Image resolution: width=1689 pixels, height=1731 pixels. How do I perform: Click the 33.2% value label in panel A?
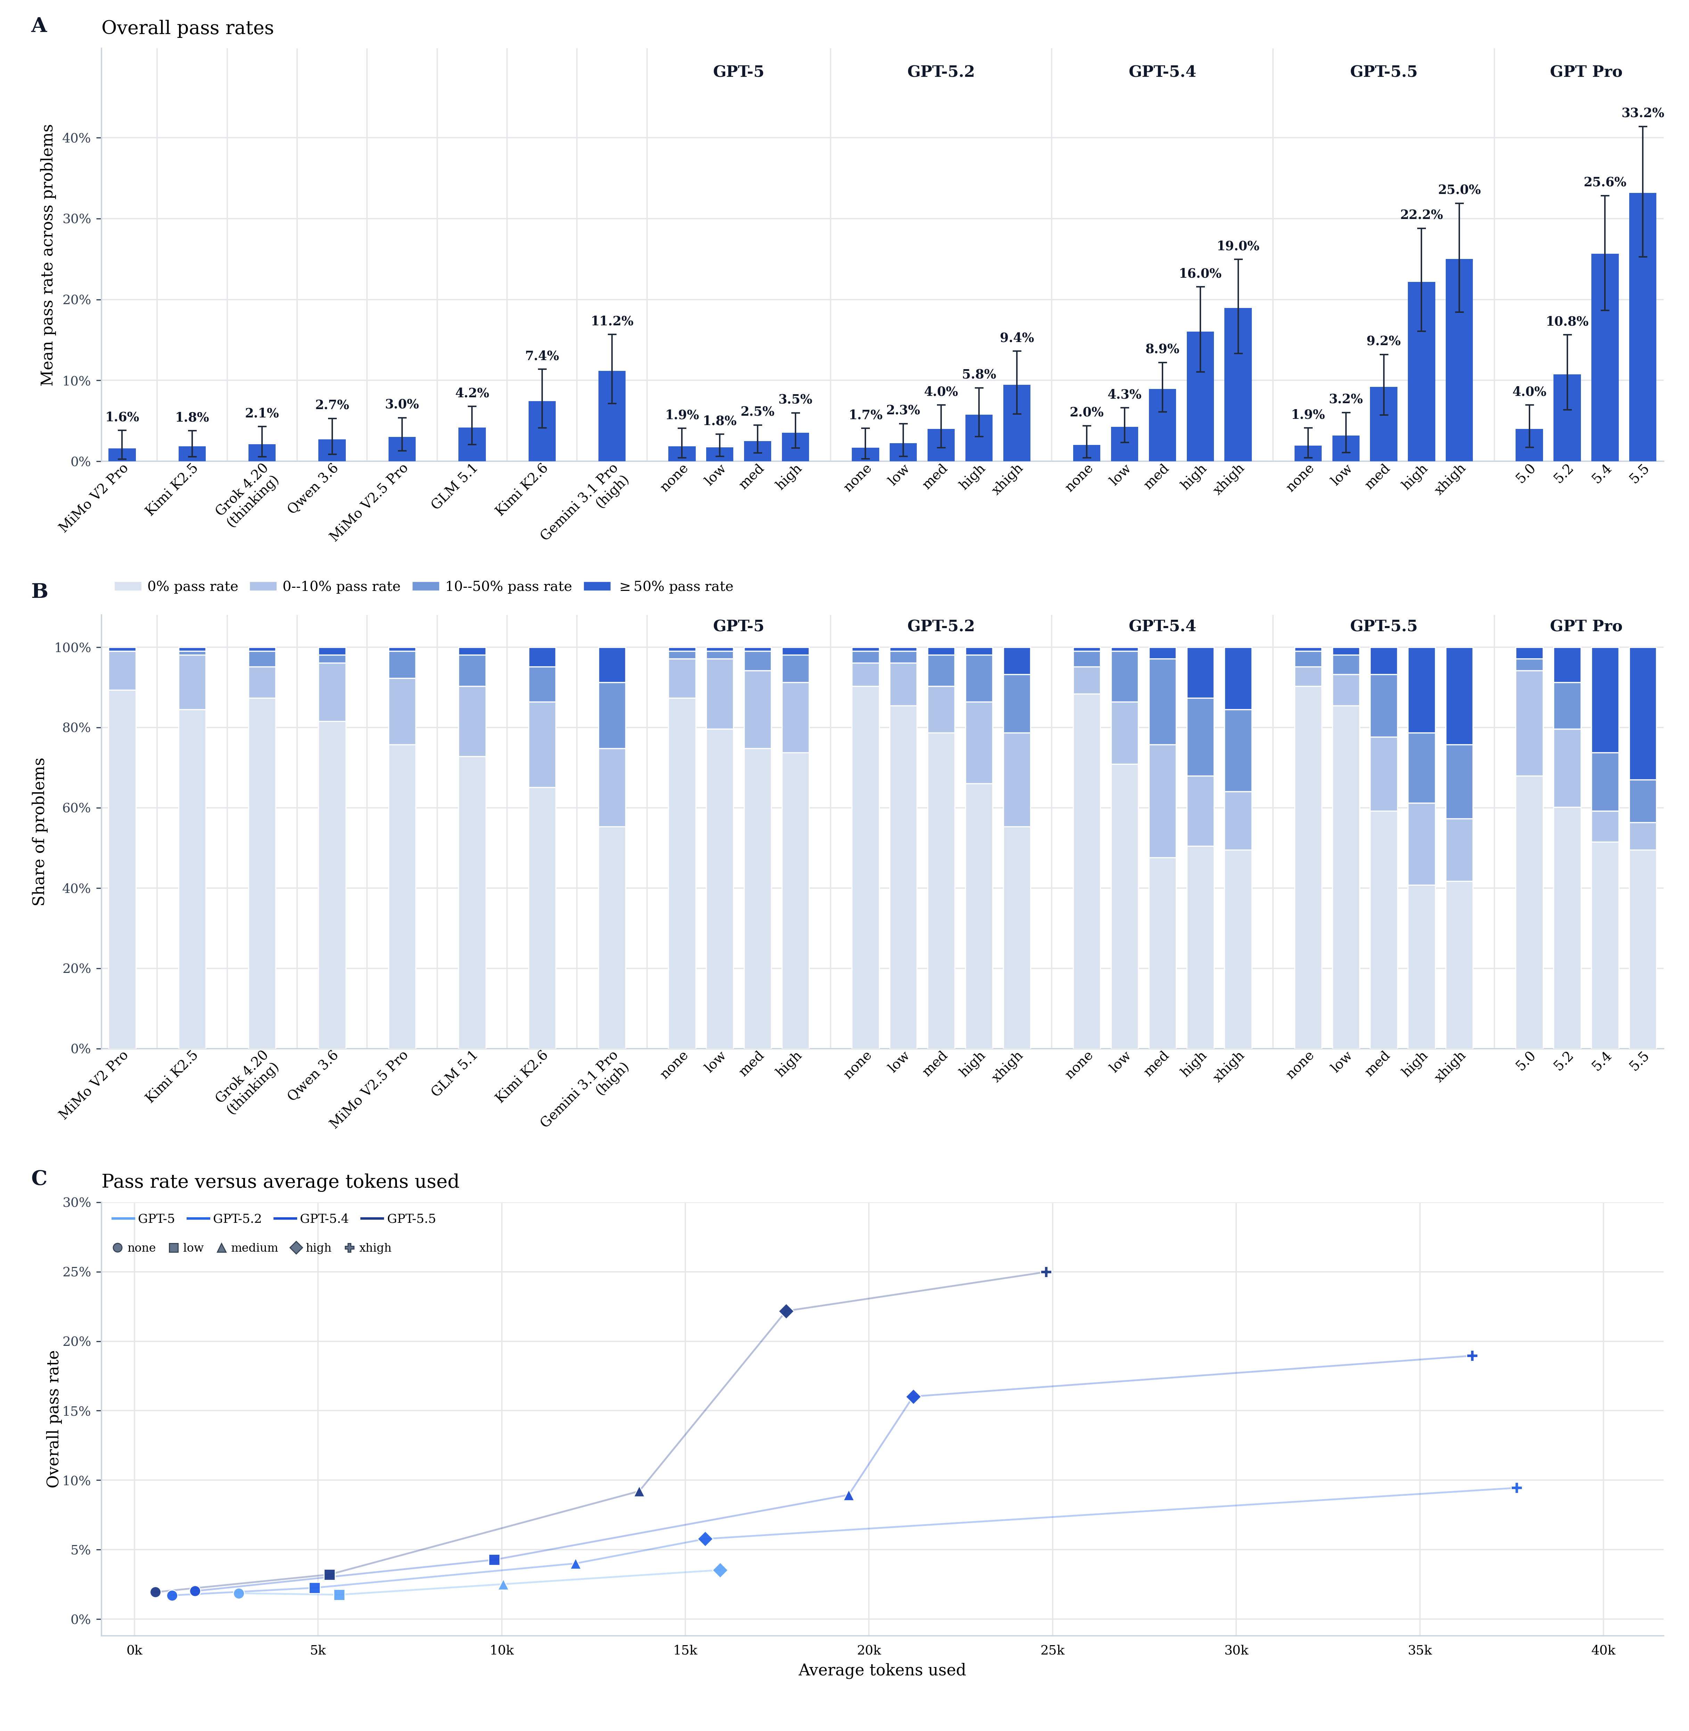1642,113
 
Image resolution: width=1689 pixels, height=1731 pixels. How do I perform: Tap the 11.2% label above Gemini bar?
611,321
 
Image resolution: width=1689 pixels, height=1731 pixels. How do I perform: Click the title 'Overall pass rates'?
187,27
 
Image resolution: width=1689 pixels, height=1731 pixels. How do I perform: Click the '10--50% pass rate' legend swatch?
426,586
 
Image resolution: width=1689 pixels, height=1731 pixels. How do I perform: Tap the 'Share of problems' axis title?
39,831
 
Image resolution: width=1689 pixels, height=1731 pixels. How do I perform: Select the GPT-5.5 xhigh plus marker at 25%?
1046,1272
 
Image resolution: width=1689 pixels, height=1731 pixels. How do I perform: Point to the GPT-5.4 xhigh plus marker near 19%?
1472,1356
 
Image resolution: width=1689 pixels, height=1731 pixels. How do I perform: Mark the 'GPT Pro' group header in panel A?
1585,72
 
